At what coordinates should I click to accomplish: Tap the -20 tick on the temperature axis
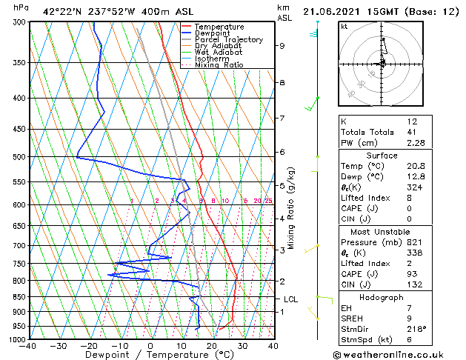(89, 345)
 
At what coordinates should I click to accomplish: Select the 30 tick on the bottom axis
(242, 345)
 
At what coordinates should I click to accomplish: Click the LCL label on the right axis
(291, 299)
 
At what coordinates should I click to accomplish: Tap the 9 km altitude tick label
(282, 46)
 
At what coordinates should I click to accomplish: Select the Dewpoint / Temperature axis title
(150, 355)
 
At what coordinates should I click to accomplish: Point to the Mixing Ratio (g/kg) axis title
(292, 207)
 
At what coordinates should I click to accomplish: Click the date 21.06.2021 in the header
(333, 11)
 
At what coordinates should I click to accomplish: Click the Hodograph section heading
(382, 297)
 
